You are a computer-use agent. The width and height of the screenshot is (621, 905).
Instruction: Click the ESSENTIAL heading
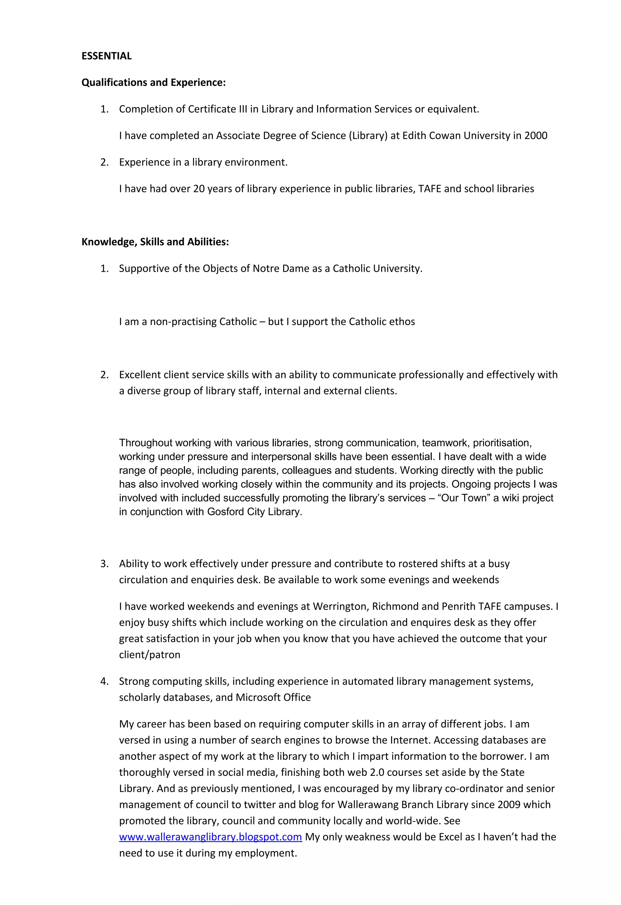(106, 56)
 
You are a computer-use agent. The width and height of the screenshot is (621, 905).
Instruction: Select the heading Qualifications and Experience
(153, 82)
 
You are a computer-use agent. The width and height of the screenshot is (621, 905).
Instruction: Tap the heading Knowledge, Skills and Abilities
(155, 242)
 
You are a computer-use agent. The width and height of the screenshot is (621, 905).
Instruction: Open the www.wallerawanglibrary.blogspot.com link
(210, 837)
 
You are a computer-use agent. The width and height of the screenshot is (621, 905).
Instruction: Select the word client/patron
(149, 654)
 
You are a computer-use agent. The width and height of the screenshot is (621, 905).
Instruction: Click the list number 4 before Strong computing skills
(104, 681)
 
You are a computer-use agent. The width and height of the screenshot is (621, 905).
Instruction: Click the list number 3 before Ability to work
(104, 564)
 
